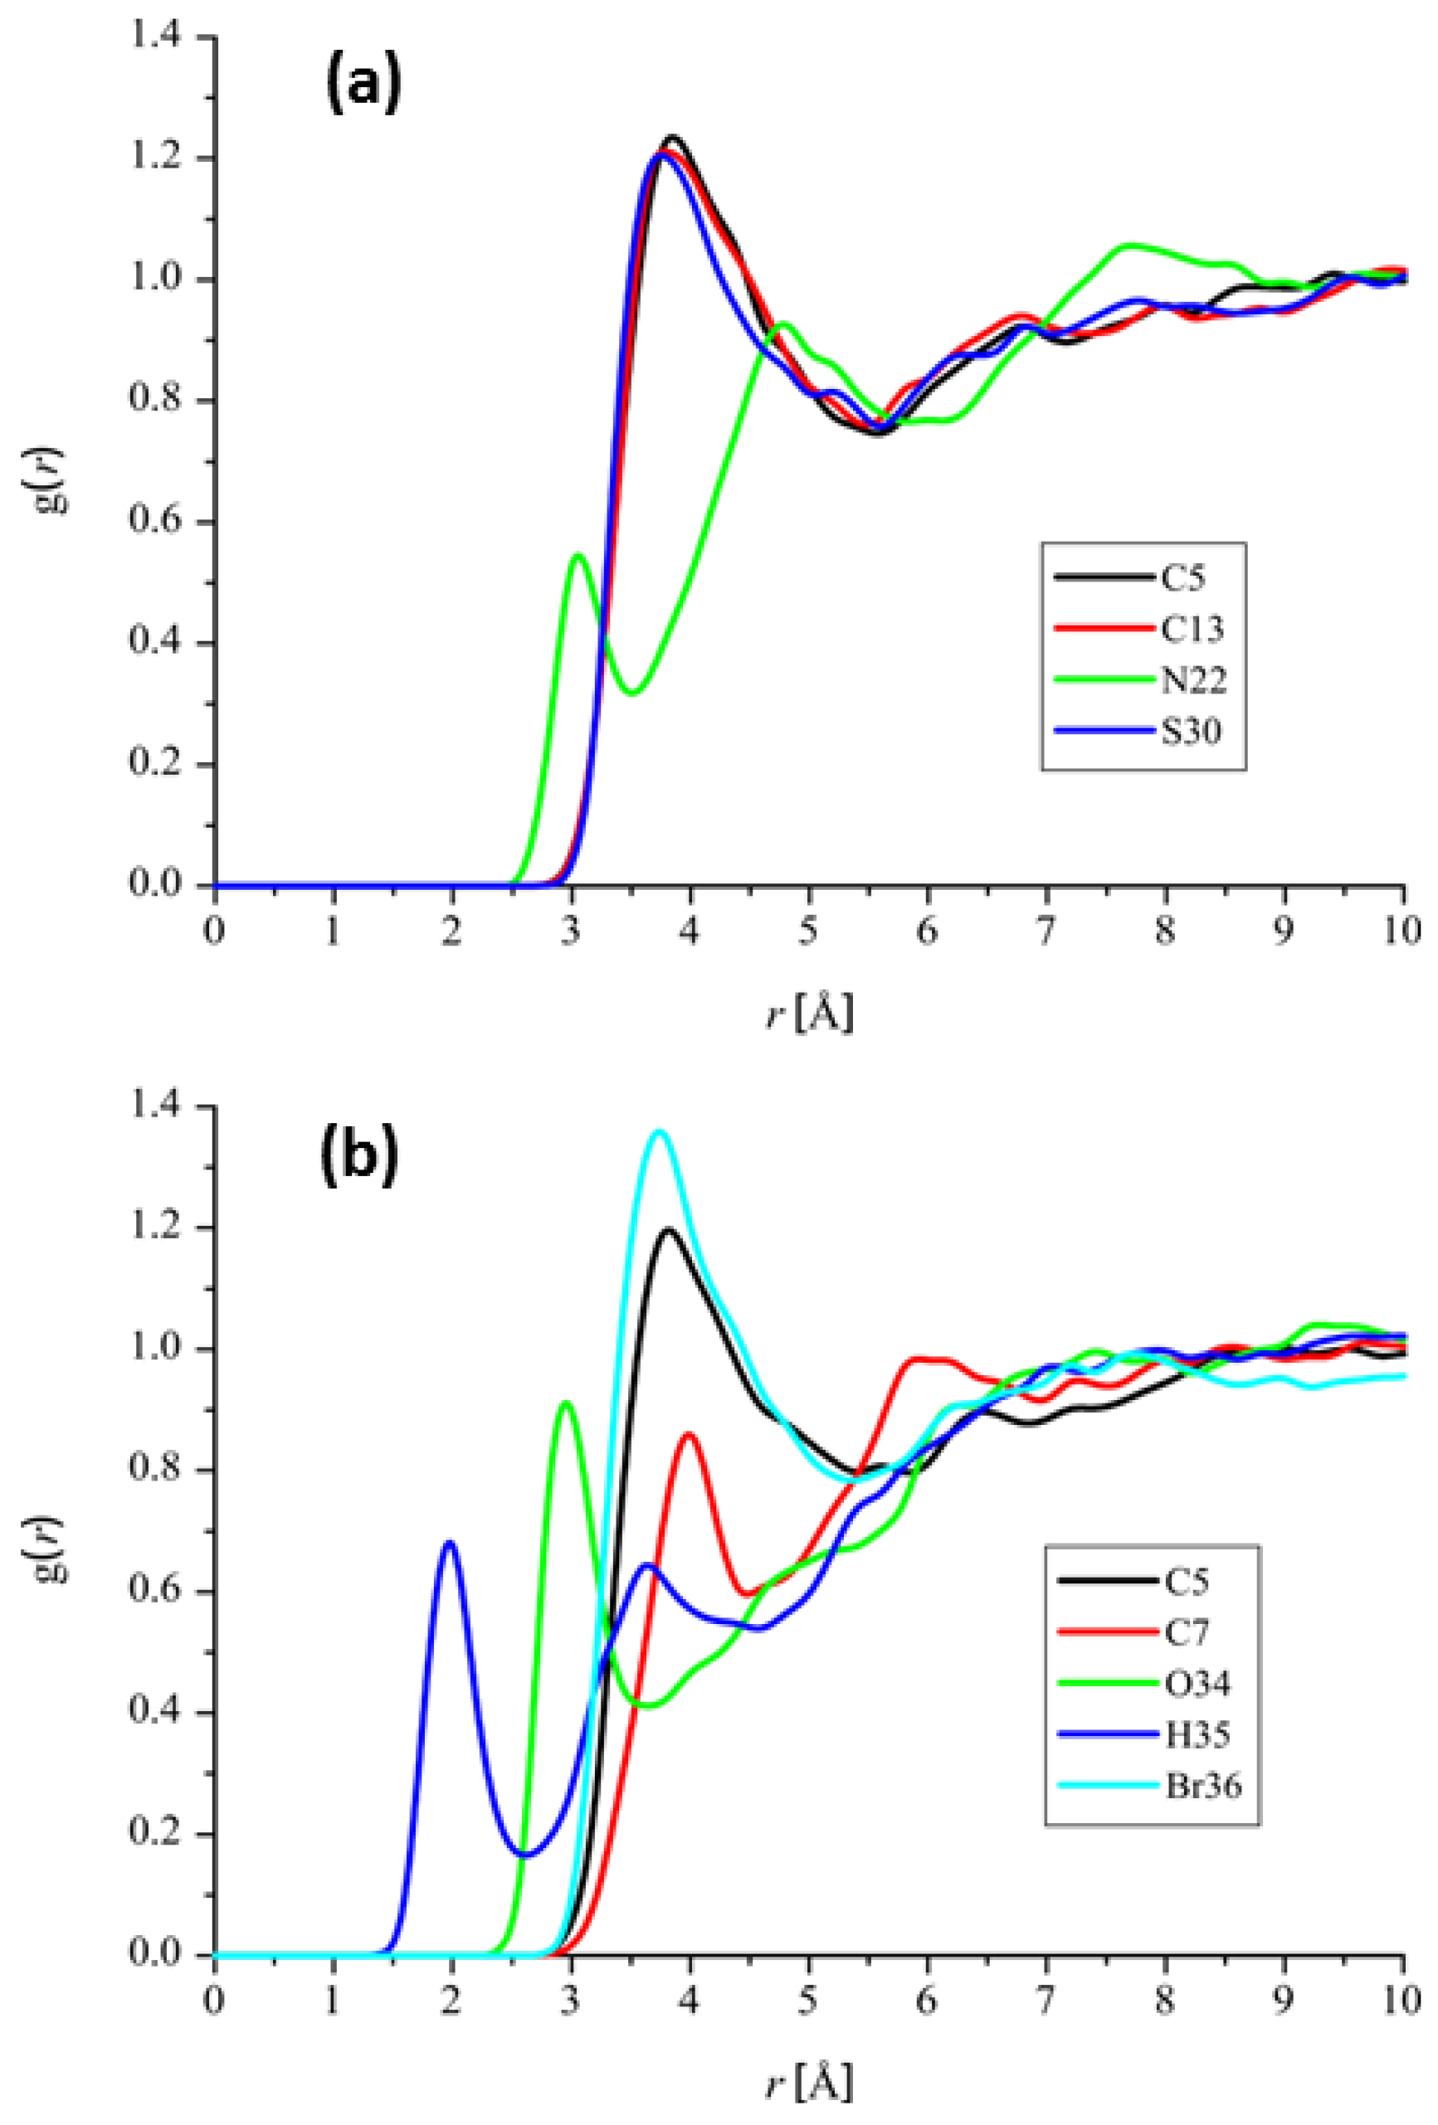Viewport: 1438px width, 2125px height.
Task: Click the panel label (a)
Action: tap(363, 84)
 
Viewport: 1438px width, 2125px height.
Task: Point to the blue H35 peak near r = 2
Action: tap(449, 1544)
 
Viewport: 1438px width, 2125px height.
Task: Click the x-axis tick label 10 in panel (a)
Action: tap(1402, 931)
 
